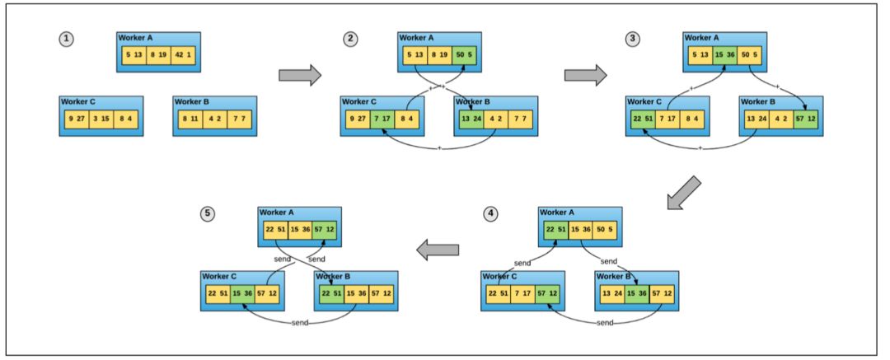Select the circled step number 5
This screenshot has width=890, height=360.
(x=208, y=214)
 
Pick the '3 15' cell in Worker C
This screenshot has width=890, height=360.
(x=101, y=119)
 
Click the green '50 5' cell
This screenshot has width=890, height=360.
(x=465, y=55)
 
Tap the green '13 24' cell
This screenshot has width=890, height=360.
(x=470, y=119)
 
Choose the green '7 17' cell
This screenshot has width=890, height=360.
(x=382, y=119)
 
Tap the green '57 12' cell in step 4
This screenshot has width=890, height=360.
(x=550, y=294)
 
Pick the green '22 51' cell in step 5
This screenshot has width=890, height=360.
(x=329, y=294)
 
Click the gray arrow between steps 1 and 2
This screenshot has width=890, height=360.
(x=299, y=75)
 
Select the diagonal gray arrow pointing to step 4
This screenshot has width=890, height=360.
(x=684, y=193)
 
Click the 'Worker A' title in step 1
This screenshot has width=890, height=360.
(x=137, y=38)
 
